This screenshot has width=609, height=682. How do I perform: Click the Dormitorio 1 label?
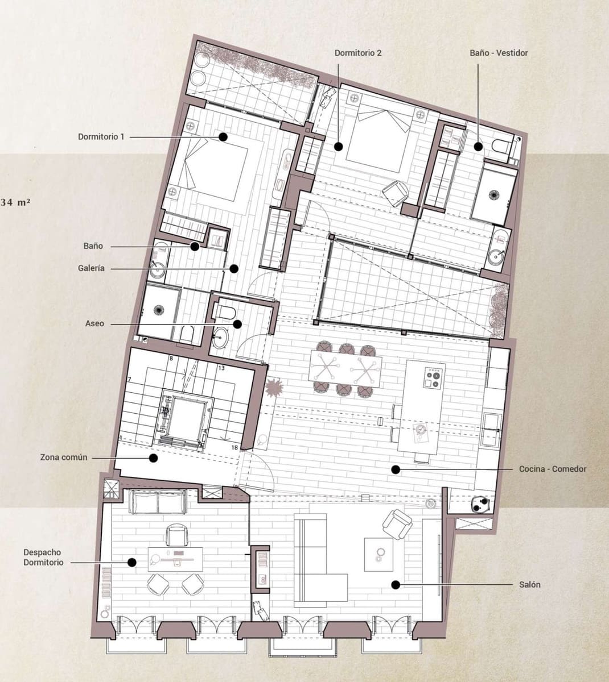pyautogui.click(x=101, y=137)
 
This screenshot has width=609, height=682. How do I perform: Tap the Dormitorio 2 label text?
pyautogui.click(x=357, y=53)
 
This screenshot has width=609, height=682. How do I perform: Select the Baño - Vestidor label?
pyautogui.click(x=499, y=53)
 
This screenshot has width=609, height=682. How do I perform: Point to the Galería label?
pyautogui.click(x=92, y=268)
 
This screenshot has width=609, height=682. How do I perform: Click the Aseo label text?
pyautogui.click(x=94, y=323)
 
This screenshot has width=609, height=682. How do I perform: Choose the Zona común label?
pyautogui.click(x=63, y=457)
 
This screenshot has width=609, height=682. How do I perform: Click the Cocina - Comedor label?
pyautogui.click(x=552, y=469)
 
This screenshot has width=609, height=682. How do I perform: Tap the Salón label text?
pyautogui.click(x=529, y=584)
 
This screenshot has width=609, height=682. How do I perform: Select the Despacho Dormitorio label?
pyautogui.click(x=43, y=557)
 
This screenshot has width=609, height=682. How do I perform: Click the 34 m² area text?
pyautogui.click(x=16, y=202)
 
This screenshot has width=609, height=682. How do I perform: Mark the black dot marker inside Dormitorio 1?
pyautogui.click(x=223, y=137)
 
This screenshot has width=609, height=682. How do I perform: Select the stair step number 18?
pyautogui.click(x=234, y=448)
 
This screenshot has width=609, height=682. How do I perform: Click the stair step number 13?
pyautogui.click(x=221, y=368)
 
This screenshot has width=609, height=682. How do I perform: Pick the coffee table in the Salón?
pyautogui.click(x=378, y=552)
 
